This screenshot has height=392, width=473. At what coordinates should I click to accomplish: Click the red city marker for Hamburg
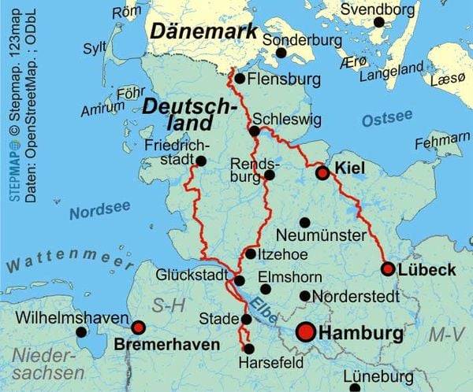pos(307,333)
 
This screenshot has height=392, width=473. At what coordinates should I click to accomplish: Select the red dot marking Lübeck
pos(388,269)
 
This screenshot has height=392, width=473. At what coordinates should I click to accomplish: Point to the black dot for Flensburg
pos(240,79)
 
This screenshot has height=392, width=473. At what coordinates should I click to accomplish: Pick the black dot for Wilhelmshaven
pos(81,332)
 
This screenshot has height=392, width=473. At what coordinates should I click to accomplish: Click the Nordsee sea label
pos(99,211)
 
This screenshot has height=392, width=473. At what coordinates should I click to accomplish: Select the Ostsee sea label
pos(387,120)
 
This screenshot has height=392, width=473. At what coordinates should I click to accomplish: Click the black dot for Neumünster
pos(305,222)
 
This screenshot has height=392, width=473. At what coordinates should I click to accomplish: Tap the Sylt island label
pos(95,47)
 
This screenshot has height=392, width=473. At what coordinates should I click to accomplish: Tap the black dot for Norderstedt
pos(305,296)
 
